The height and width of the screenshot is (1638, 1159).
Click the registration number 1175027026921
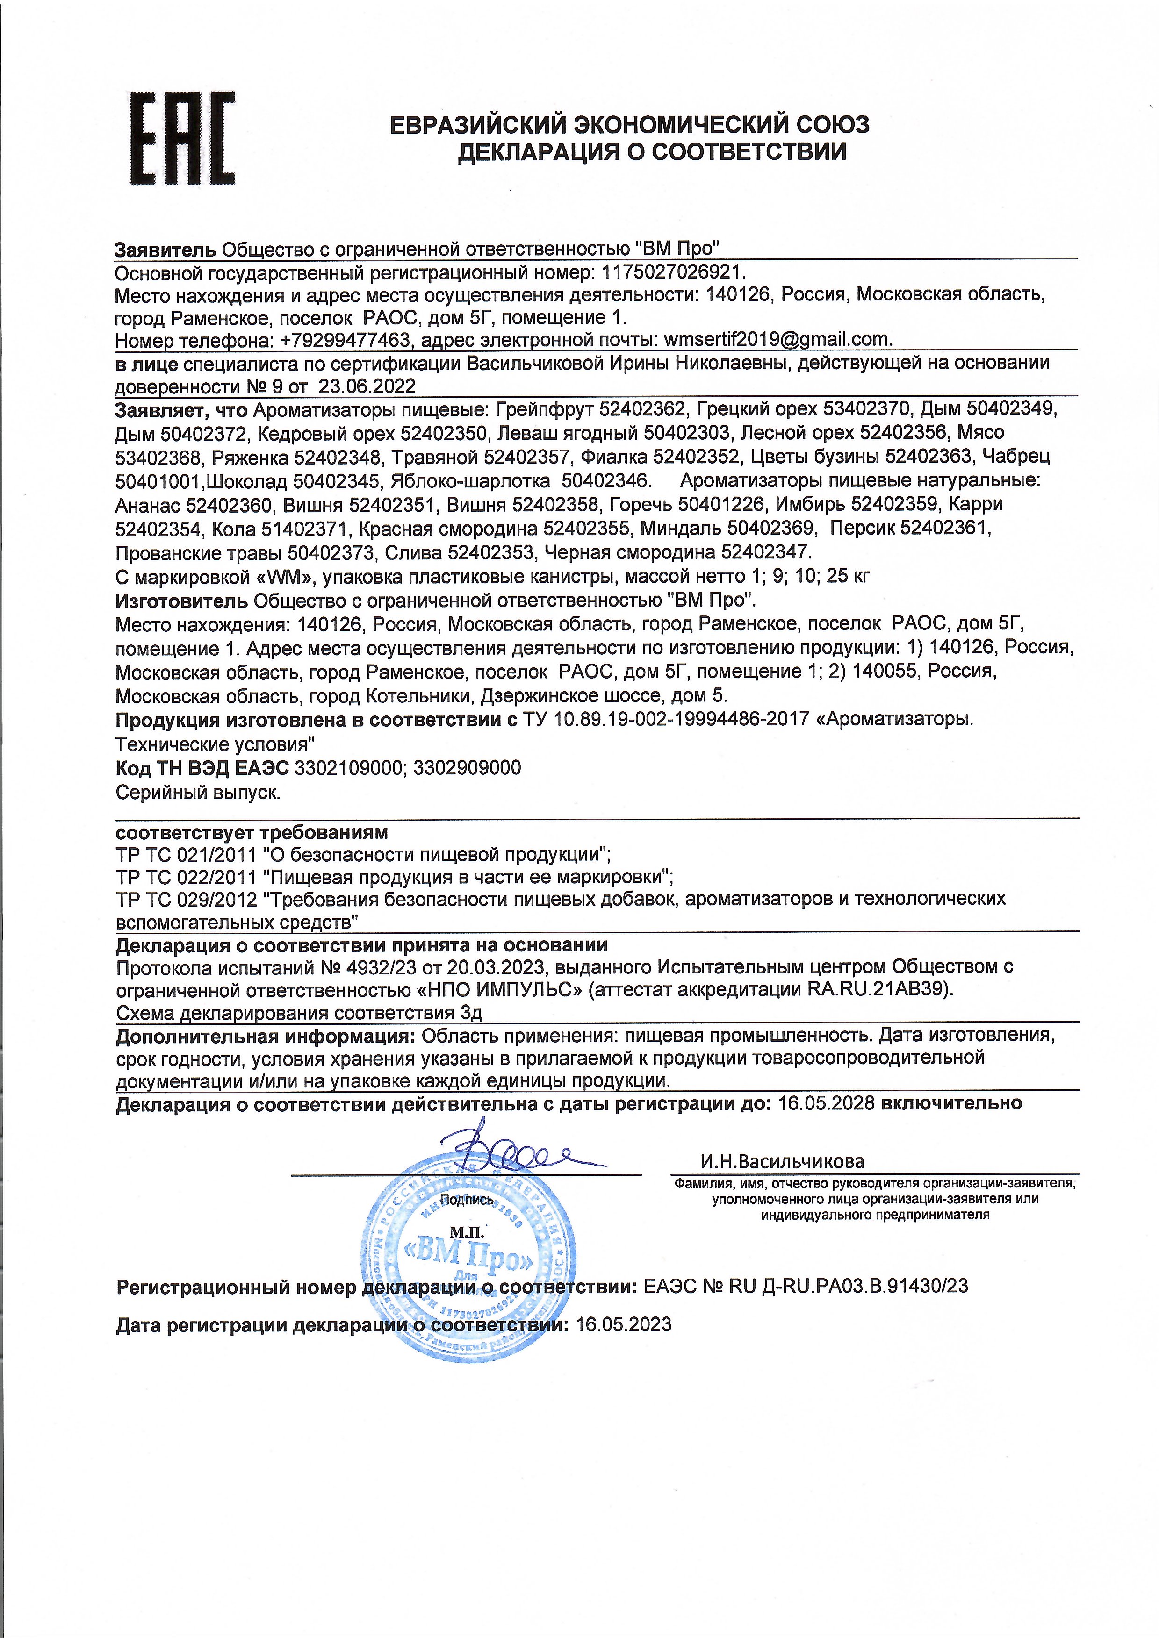click(673, 272)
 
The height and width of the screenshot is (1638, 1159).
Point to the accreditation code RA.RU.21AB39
click(879, 990)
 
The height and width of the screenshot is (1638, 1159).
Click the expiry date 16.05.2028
click(826, 1104)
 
